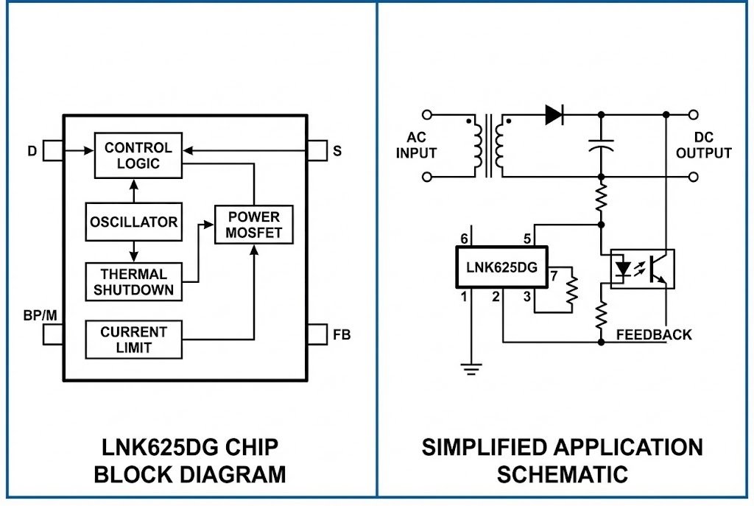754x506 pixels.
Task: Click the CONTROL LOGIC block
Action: [x=138, y=155]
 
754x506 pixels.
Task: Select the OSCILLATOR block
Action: [x=133, y=222]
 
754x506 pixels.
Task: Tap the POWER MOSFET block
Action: [x=253, y=225]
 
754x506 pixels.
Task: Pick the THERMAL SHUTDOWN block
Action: [x=133, y=282]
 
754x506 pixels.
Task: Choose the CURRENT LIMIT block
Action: [x=133, y=340]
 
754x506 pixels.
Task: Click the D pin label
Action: [x=32, y=152]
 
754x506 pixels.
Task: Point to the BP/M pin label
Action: [x=40, y=315]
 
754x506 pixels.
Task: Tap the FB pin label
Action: [x=342, y=335]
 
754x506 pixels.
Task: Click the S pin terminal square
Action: [x=317, y=150]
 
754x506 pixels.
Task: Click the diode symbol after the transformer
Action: [x=554, y=115]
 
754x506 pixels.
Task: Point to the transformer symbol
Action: [x=489, y=145]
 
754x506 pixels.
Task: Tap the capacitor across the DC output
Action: [x=602, y=145]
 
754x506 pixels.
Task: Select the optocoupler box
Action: [x=642, y=269]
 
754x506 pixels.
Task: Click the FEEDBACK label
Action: [x=654, y=335]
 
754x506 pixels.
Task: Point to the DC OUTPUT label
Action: [x=704, y=146]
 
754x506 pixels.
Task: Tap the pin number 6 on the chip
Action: [x=464, y=239]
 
